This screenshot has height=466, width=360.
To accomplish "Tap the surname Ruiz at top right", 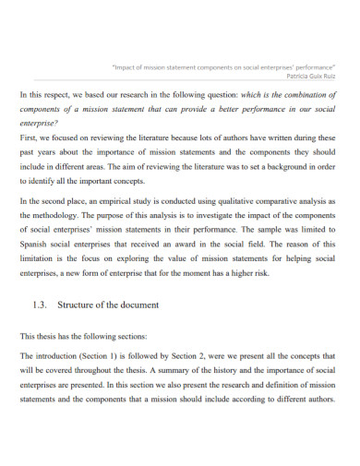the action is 329,77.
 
